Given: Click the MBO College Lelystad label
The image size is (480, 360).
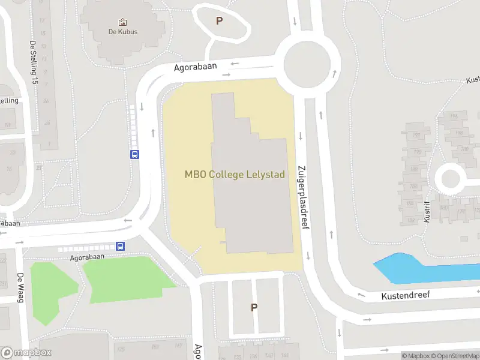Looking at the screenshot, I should tap(234, 175).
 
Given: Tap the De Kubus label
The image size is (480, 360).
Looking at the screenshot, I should tap(123, 31).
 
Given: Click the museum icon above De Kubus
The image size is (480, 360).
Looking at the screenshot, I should tap(123, 22).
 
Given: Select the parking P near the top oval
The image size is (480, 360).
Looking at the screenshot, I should tap(219, 21).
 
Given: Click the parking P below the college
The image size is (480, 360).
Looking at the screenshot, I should tap(254, 307).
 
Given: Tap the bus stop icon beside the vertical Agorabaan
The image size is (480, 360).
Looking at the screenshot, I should tap(134, 154).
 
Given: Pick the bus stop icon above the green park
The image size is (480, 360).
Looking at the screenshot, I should tap(121, 246).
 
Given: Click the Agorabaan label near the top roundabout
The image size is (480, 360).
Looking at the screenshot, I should tap(195, 67).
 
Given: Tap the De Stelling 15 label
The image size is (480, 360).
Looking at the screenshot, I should tap(34, 62).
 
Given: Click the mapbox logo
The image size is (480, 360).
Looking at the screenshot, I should tap(27, 353).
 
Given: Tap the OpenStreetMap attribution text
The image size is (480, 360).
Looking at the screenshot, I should tap(453, 356).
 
